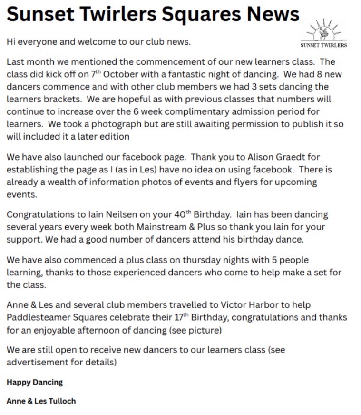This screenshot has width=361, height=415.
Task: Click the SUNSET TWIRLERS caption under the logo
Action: point(323,46)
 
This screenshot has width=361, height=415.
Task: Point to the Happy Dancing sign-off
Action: point(35,382)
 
